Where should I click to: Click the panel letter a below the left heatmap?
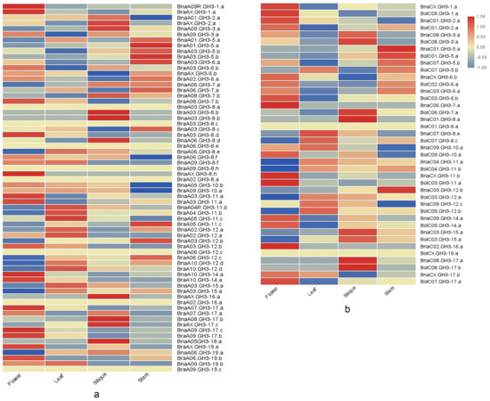coord(95,393)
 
